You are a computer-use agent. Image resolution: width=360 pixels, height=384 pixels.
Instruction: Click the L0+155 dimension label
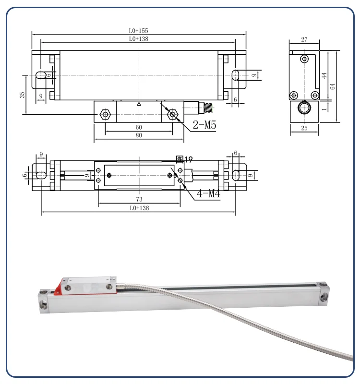tap(138, 30)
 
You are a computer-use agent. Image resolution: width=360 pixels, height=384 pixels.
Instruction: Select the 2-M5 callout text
tap(204, 126)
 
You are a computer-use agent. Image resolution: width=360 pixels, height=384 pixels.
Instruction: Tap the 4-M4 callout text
tap(208, 194)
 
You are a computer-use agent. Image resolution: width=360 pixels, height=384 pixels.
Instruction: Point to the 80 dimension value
tap(138, 136)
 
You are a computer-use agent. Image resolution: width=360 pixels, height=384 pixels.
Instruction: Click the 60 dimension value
tap(138, 127)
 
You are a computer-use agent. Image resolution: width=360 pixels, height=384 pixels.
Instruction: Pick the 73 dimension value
tap(139, 199)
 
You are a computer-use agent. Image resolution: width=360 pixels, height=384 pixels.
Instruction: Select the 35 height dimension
tap(22, 95)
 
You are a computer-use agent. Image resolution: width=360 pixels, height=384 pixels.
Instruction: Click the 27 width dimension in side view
tap(304, 40)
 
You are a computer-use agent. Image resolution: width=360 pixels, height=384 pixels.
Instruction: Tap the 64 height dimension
tap(332, 86)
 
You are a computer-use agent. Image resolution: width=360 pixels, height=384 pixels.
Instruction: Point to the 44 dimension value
tap(324, 75)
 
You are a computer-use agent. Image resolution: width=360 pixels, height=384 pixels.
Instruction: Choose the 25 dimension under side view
tap(303, 129)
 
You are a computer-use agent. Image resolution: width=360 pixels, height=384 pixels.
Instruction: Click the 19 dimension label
tap(189, 159)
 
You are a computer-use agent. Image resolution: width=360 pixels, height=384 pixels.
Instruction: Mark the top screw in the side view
tap(303, 59)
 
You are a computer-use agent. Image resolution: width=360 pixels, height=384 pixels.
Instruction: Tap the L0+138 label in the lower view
tap(138, 209)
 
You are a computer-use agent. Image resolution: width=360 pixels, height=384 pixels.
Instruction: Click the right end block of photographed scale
tap(323, 292)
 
